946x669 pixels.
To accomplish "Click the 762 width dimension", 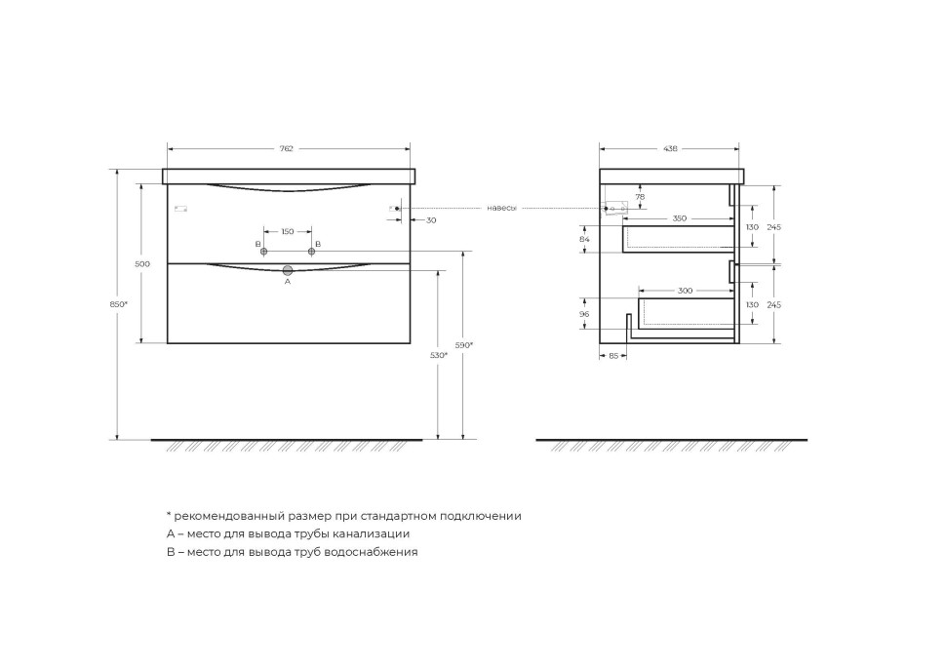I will click(287, 148).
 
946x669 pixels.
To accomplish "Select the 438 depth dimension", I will click(670, 148).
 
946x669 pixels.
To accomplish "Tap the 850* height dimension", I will click(119, 304).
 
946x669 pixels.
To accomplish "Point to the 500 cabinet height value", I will click(142, 264).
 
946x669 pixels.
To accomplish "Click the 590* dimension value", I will click(465, 344).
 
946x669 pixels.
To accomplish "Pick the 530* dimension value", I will click(440, 355).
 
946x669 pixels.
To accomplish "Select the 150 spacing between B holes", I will click(288, 231).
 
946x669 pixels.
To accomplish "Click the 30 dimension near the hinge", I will click(431, 220).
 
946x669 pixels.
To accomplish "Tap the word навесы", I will click(501, 208).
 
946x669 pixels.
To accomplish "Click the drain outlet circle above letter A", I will click(288, 269).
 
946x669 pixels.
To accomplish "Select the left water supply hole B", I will click(263, 252).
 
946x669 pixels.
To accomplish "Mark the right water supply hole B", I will click(312, 252).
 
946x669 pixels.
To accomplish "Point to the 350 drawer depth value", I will click(679, 218).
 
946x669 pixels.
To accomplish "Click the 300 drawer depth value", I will click(686, 291).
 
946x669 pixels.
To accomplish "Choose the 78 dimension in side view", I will click(640, 197).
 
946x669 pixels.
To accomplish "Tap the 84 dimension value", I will click(584, 239).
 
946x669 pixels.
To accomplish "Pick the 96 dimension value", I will click(584, 314).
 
